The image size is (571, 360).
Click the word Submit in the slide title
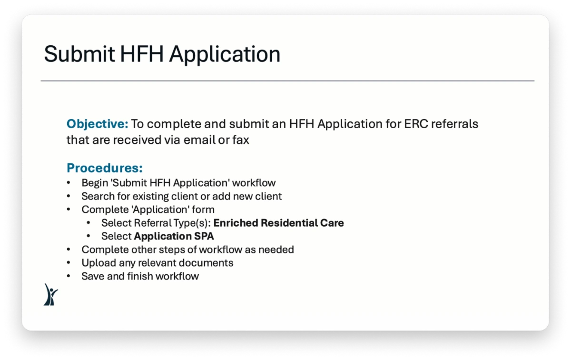point(79,54)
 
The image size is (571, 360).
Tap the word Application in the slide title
point(225,54)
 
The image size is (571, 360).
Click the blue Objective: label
point(98,124)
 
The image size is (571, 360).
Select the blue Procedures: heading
point(105,168)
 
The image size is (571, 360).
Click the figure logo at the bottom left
point(50,294)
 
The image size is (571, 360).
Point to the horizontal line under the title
point(287,81)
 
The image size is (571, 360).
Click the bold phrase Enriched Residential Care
point(279,223)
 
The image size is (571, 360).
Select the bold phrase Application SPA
point(174,236)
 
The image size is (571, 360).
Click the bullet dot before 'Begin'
point(69,183)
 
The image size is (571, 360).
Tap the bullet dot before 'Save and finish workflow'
point(69,276)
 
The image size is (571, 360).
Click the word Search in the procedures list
point(98,196)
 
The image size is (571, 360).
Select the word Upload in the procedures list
point(98,263)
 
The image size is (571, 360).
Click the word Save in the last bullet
point(92,276)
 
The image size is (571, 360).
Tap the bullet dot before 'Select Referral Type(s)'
point(89,223)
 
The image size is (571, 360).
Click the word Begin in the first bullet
point(95,183)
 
